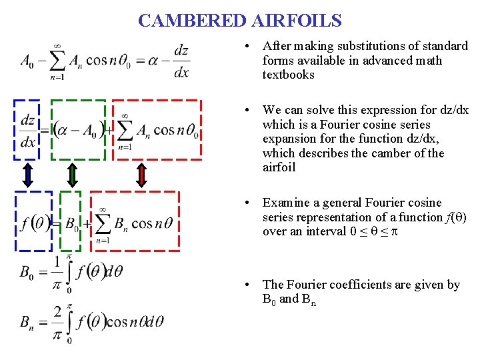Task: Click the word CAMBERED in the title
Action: point(192,21)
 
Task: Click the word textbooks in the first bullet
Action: point(288,75)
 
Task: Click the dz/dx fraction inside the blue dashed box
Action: point(28,131)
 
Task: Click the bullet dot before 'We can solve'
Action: point(247,110)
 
